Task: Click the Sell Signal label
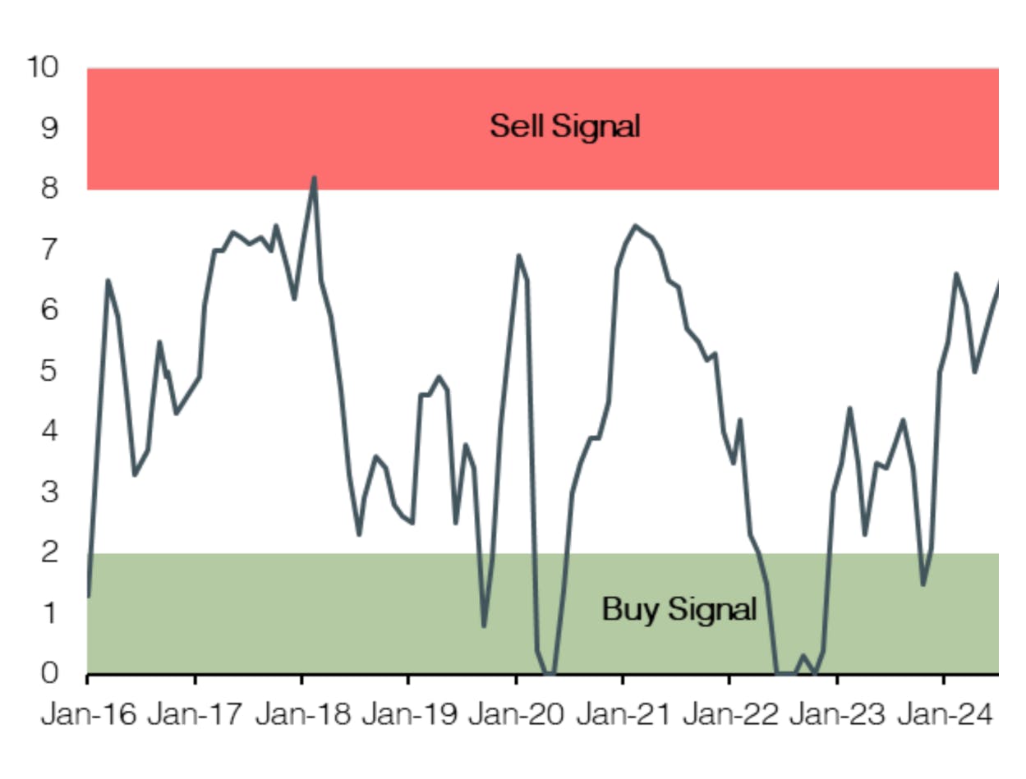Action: (564, 126)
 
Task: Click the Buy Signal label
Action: (679, 609)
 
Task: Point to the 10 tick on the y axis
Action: (43, 67)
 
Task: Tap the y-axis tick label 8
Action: (51, 189)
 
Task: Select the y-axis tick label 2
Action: (51, 552)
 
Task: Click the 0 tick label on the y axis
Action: (51, 673)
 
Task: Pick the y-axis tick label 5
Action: (51, 371)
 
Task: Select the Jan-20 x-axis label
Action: (516, 715)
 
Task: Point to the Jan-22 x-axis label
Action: (729, 715)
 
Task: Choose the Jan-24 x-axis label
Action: (944, 715)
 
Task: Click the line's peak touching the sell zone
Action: (314, 177)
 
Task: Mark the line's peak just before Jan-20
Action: (519, 255)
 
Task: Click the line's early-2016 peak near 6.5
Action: (108, 281)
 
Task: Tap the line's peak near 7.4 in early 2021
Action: (635, 225)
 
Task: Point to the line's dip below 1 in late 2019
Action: (485, 625)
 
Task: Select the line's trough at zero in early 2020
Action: (550, 673)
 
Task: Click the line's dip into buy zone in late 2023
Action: (923, 584)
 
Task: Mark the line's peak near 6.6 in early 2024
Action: (956, 273)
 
